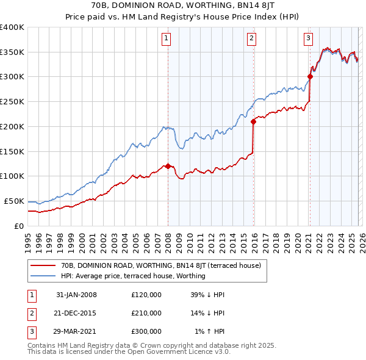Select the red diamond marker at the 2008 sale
click(168, 166)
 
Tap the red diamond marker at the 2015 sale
click(254, 121)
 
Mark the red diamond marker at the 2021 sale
click(310, 76)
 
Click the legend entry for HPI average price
click(133, 276)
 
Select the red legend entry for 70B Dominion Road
click(160, 265)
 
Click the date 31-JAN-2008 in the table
click(76, 295)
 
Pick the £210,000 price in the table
click(146, 313)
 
